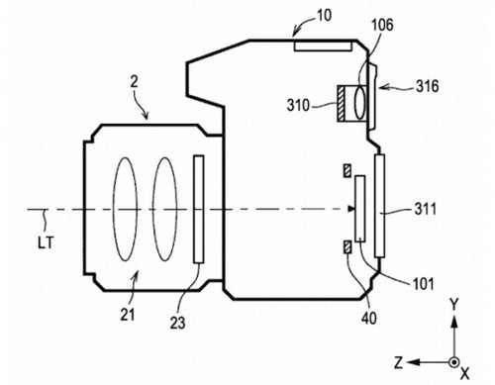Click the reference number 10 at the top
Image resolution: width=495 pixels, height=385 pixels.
[324, 15]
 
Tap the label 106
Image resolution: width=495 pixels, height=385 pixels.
[382, 25]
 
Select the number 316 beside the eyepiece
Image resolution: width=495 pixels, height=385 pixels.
[428, 86]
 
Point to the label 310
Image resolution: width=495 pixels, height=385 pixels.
[298, 106]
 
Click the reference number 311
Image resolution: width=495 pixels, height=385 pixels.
[426, 209]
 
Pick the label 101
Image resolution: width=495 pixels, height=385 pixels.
[423, 284]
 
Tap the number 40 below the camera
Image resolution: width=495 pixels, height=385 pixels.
[369, 319]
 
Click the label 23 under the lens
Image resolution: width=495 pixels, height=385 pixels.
[177, 323]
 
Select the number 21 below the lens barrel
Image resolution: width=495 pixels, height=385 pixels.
[128, 315]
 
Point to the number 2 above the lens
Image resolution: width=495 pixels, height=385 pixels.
[134, 82]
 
